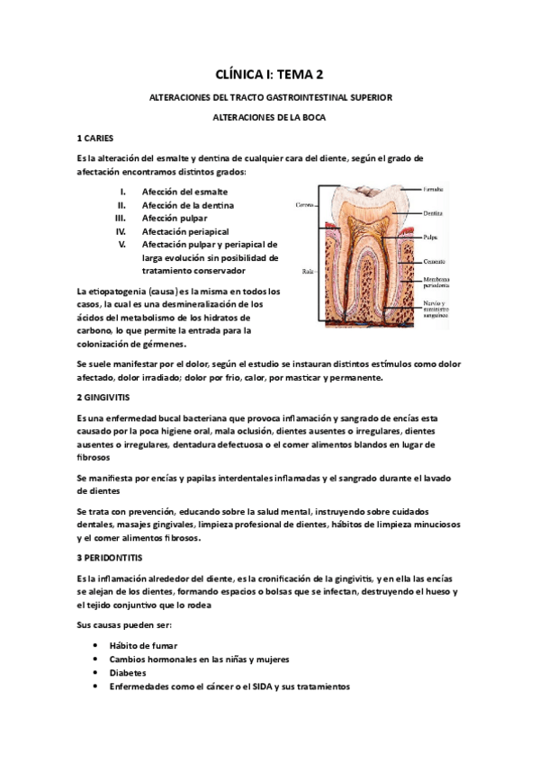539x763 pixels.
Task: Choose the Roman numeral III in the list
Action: [x=121, y=218]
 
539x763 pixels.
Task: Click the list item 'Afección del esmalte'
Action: [x=184, y=192]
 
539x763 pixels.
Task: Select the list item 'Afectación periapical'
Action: [x=185, y=230]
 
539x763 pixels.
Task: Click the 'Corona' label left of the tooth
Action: [x=303, y=205]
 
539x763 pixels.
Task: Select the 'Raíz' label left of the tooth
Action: [x=306, y=270]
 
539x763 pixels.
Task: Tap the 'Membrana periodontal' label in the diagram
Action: [x=437, y=283]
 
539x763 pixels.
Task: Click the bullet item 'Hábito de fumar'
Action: [x=143, y=646]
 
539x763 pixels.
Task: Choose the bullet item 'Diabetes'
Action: [x=127, y=672]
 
